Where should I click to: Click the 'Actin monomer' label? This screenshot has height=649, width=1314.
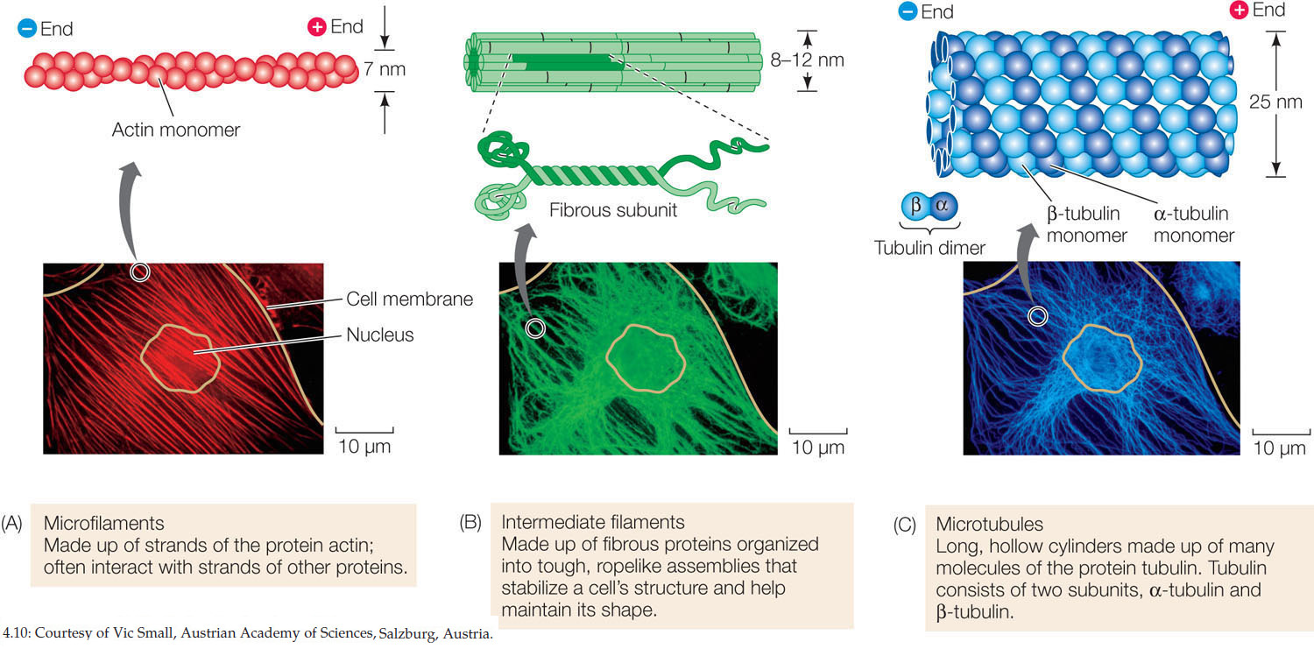pos(175,131)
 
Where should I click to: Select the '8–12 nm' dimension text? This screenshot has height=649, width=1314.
pos(838,60)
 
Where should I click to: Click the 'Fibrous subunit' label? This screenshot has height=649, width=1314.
pos(613,210)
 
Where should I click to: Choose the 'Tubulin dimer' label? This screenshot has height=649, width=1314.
pos(929,248)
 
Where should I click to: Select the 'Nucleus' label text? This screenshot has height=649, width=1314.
pos(379,334)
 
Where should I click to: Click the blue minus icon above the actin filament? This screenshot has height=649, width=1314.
pos(25,28)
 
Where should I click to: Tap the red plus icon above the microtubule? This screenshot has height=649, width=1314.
pos(1239,11)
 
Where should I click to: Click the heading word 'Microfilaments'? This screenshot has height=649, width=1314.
pos(103,524)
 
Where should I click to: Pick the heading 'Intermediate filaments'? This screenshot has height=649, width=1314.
pos(592,522)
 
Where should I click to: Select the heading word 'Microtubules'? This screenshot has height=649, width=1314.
pos(989,524)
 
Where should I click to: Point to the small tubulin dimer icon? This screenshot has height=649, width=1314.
pos(929,207)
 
